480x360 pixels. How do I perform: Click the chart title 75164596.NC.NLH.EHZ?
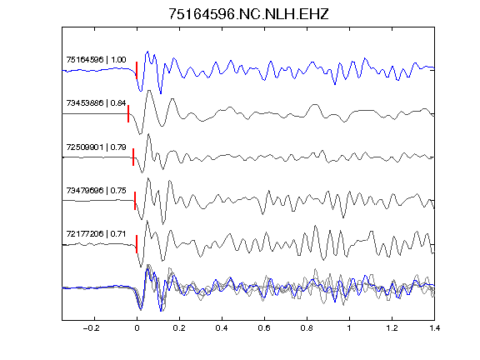248,14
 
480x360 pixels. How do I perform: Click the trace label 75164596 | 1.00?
96,59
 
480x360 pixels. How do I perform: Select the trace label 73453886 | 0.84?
96,102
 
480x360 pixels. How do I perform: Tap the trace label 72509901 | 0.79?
96,147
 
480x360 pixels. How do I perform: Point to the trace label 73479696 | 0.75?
96,190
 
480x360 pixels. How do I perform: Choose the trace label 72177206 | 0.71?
96,234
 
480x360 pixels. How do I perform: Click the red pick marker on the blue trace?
137,70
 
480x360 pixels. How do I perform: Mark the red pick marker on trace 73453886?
128,114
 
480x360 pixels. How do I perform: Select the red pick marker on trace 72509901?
133,157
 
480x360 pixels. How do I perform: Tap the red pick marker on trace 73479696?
135,201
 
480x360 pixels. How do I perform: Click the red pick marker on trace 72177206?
137,244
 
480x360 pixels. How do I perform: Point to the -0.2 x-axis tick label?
92,328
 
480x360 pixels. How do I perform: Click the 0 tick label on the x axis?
137,328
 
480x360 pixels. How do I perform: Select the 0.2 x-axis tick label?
179,328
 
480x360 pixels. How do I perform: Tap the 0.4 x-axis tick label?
222,328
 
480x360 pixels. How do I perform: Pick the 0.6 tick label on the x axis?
264,328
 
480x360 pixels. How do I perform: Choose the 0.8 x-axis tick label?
307,328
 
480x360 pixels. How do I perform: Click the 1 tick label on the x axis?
349,328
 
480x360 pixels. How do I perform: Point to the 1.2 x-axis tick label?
392,328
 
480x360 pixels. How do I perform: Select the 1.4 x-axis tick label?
434,328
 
